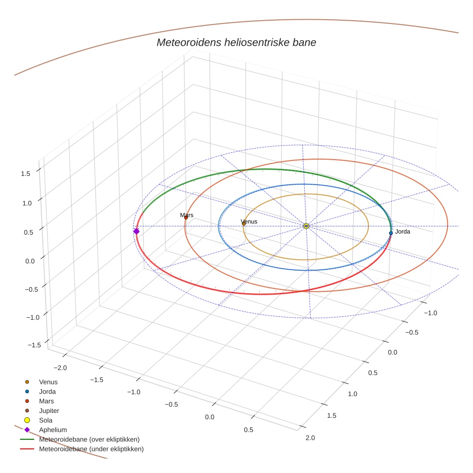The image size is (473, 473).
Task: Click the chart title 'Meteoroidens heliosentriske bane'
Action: tap(236, 42)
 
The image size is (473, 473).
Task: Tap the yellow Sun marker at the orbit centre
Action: tap(306, 226)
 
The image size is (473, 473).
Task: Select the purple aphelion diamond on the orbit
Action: tap(136, 231)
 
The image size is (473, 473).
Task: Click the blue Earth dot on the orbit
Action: tap(391, 233)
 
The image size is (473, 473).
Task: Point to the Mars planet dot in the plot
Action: tap(186, 218)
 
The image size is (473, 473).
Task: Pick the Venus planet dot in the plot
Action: tap(244, 224)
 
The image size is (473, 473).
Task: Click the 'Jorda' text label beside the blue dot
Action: tap(402, 232)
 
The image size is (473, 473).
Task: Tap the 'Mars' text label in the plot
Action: tap(187, 215)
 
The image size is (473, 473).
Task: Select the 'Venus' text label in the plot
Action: tap(249, 221)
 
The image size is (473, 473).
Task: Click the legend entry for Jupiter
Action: tap(49, 411)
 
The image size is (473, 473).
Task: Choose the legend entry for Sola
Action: tap(46, 420)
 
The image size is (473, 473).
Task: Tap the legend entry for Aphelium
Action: tap(52, 430)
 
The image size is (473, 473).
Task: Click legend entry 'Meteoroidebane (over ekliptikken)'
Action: tap(89, 439)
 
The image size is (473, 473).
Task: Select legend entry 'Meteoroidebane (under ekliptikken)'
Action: tap(91, 449)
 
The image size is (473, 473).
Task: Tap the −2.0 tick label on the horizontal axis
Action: tap(60, 367)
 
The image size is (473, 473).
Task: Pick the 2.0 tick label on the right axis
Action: tap(310, 437)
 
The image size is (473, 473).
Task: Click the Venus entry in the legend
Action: tap(48, 382)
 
